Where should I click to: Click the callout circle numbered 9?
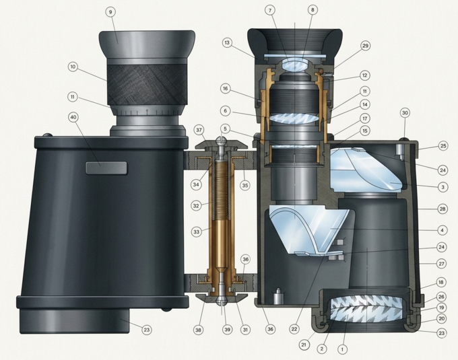tap(110, 12)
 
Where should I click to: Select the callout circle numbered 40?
tap(73, 117)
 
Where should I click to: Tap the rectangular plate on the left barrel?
tap(106, 168)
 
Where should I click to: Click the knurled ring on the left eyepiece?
tap(148, 85)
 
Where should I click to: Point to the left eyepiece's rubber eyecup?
tap(147, 44)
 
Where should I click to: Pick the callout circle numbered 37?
tap(199, 130)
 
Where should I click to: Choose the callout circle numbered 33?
tap(196, 232)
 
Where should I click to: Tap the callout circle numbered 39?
tap(227, 330)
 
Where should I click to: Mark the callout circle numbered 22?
tap(294, 329)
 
